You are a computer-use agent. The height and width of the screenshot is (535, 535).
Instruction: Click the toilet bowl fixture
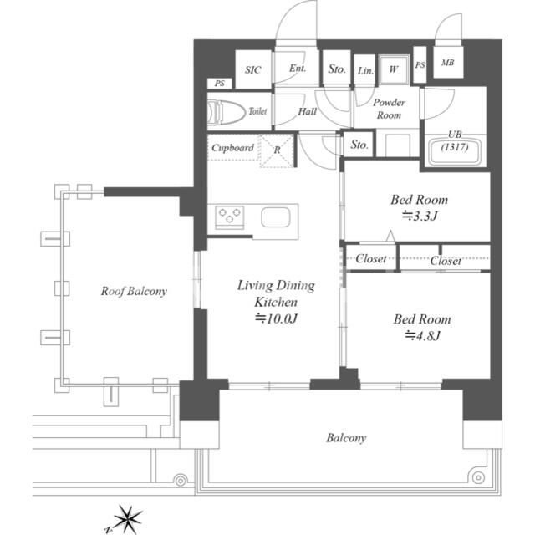pyautogui.click(x=227, y=111)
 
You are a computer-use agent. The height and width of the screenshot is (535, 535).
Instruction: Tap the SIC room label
pyautogui.click(x=252, y=70)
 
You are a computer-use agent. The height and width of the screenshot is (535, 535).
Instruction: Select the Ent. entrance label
pyautogui.click(x=298, y=69)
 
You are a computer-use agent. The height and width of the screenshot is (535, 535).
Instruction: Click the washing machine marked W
pyautogui.click(x=394, y=69)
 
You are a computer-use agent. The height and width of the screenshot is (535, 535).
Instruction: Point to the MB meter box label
pyautogui.click(x=448, y=63)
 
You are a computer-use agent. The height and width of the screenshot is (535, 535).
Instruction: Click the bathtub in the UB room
pyautogui.click(x=455, y=150)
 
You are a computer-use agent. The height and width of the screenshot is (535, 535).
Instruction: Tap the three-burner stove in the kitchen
pyautogui.click(x=229, y=216)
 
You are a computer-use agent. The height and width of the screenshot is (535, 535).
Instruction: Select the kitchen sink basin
pyautogui.click(x=276, y=217)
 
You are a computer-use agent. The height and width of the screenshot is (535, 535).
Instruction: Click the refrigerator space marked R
pyautogui.click(x=277, y=150)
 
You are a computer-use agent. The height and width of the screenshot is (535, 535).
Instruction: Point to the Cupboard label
pyautogui.click(x=232, y=148)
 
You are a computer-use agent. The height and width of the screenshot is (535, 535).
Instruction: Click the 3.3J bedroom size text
pyautogui.click(x=420, y=216)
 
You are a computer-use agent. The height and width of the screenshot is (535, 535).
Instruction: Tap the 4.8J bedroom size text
pyautogui.click(x=423, y=336)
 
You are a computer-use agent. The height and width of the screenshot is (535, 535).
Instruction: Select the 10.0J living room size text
pyautogui.click(x=277, y=318)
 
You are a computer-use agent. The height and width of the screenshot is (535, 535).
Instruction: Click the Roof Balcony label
pyautogui.click(x=134, y=291)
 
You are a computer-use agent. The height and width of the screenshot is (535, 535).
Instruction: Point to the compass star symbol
pyautogui.click(x=128, y=518)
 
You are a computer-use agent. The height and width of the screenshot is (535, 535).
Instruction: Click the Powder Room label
pyautogui.click(x=389, y=109)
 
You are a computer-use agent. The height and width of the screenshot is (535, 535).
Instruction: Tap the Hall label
pyautogui.click(x=308, y=111)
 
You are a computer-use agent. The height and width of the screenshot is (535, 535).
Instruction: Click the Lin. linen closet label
pyautogui.click(x=365, y=70)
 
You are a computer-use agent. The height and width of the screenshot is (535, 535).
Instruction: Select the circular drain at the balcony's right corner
pyautogui.click(x=478, y=477)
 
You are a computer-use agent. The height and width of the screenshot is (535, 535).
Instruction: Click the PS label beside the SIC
pyautogui.click(x=220, y=84)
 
